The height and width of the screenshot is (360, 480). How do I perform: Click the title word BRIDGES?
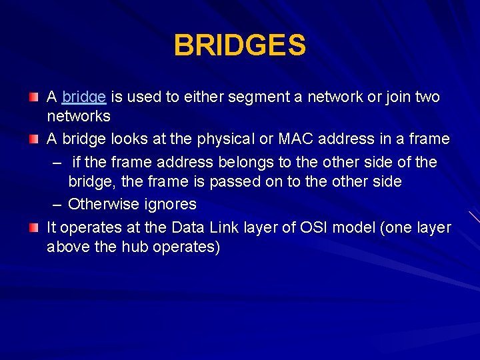tap(240, 45)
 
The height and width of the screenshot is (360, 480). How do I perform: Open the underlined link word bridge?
tap(83, 97)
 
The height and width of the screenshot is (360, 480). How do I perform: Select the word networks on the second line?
tap(79, 117)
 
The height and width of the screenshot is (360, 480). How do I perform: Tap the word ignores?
tap(172, 204)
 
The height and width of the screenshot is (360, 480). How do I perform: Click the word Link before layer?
tap(228, 227)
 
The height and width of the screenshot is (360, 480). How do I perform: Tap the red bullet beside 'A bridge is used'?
tap(33, 98)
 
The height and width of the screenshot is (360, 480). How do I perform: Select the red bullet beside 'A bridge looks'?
tap(33, 140)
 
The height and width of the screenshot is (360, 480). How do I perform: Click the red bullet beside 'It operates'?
tap(33, 228)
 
